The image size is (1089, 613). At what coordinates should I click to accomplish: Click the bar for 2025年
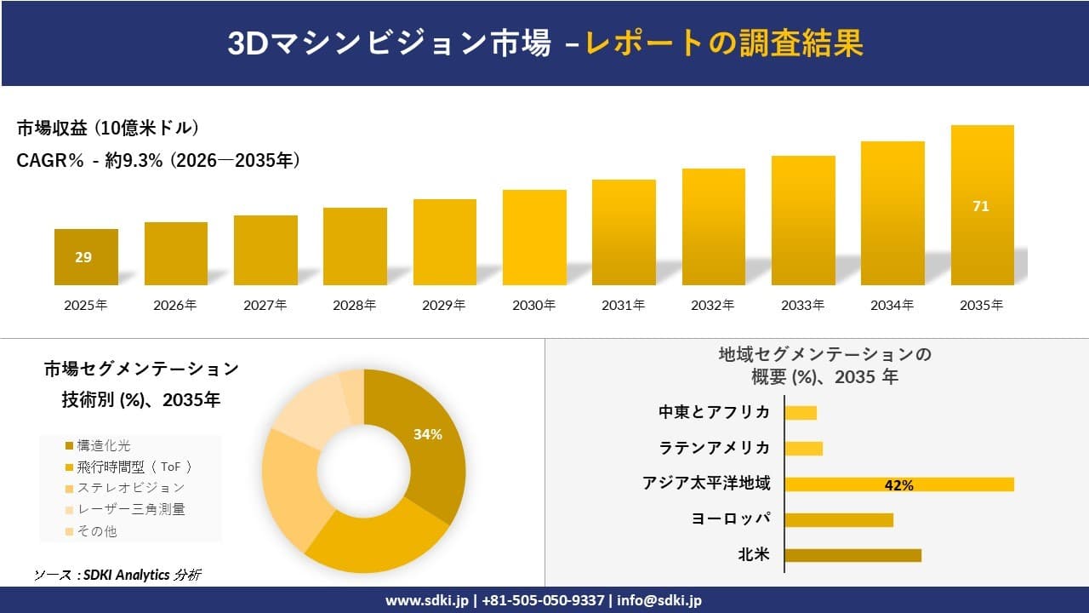tap(86, 257)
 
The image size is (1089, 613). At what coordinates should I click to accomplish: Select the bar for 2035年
tap(982, 205)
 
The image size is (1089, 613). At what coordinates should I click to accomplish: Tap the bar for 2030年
tap(534, 238)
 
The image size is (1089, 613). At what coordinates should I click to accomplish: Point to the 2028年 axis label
tap(355, 305)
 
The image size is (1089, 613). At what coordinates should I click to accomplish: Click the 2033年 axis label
tap(802, 305)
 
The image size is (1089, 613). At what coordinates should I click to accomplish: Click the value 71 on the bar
tap(981, 206)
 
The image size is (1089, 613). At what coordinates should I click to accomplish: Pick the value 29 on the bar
tap(83, 257)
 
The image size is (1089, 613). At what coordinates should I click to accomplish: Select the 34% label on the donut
tap(427, 434)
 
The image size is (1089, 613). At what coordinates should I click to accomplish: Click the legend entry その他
tap(97, 530)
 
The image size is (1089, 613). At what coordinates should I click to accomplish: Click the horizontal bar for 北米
tap(852, 555)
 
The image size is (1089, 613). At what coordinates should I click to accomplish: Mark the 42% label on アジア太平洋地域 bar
tap(898, 485)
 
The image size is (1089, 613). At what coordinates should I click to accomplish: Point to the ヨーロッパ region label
tap(731, 519)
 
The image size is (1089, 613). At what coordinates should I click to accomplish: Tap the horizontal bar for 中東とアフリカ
tap(801, 413)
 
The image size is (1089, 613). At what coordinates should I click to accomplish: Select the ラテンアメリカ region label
tap(714, 448)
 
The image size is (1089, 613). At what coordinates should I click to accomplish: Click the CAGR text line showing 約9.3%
tap(158, 161)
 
